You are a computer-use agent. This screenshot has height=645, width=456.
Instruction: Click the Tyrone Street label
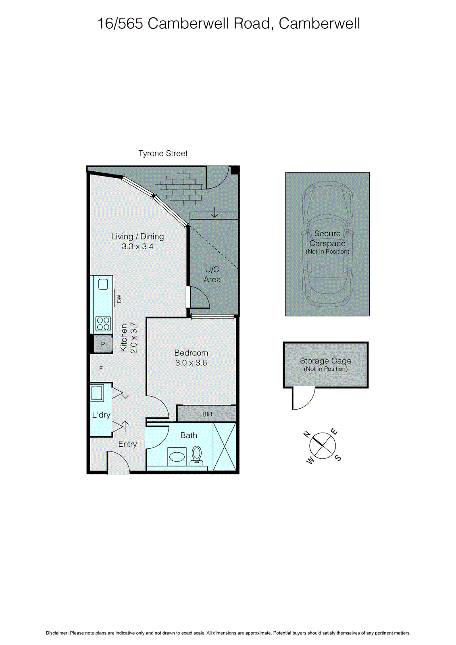(163, 153)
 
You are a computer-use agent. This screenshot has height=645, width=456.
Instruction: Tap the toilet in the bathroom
(197, 455)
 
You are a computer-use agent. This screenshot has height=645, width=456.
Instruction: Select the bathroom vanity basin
(177, 457)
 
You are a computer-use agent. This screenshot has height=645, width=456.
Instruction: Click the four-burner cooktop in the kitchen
(103, 324)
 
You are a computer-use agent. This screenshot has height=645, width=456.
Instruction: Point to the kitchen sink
(103, 285)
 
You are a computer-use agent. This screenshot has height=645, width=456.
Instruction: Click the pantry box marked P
(103, 344)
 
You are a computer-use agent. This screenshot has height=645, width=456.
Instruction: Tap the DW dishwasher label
(119, 299)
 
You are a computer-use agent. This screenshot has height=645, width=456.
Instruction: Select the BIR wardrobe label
(207, 414)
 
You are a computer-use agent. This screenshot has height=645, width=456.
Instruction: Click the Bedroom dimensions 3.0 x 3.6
(191, 363)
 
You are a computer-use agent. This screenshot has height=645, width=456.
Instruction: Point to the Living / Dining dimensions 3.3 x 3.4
(137, 246)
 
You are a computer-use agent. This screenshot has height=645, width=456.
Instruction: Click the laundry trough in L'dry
(97, 392)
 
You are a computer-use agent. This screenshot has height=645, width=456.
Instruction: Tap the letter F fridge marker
(101, 368)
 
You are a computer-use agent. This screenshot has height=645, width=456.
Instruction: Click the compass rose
(323, 446)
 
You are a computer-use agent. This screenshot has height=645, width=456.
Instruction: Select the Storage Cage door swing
(302, 398)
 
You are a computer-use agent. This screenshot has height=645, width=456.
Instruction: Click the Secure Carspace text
(327, 238)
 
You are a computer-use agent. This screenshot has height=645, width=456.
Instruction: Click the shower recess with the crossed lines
(224, 446)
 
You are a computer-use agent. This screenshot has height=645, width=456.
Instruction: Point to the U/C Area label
(212, 274)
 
